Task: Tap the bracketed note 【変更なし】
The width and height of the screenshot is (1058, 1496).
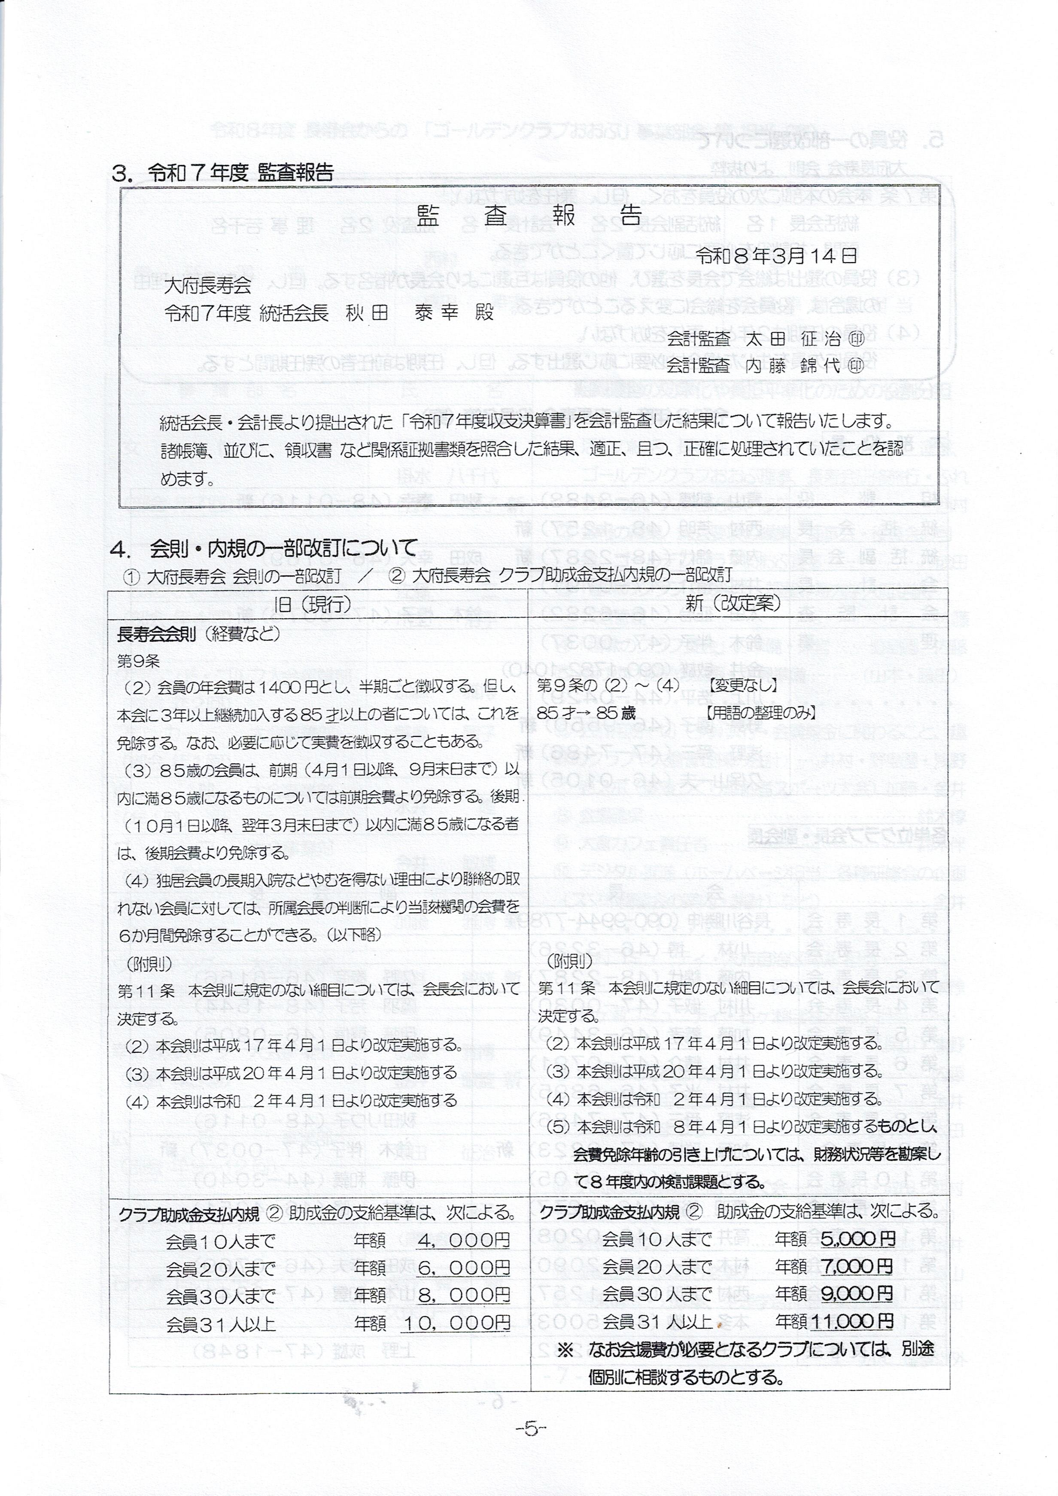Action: pyautogui.click(x=743, y=685)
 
